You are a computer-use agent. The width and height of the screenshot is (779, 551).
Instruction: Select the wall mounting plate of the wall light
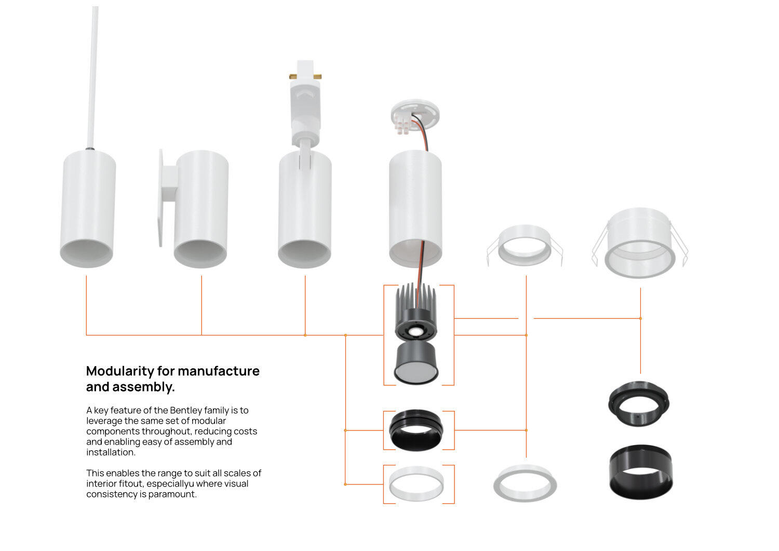pos(161,198)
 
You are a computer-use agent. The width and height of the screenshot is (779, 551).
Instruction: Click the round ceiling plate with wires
pos(415,115)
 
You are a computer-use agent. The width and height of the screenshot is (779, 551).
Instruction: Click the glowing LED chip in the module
pos(414,331)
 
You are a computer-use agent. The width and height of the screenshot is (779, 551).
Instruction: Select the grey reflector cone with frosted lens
pos(416,363)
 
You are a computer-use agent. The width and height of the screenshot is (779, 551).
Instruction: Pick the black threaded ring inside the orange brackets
pos(417,430)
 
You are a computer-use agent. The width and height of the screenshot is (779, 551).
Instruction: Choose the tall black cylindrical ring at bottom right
pos(641,472)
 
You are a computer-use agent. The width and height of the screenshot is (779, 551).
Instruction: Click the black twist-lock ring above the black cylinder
pos(639,404)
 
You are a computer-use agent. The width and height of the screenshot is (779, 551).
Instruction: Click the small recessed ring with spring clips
pos(525,245)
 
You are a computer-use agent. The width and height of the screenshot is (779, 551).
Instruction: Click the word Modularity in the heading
pos(119,371)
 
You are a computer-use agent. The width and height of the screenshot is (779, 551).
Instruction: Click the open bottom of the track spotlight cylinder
pos(304,253)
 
